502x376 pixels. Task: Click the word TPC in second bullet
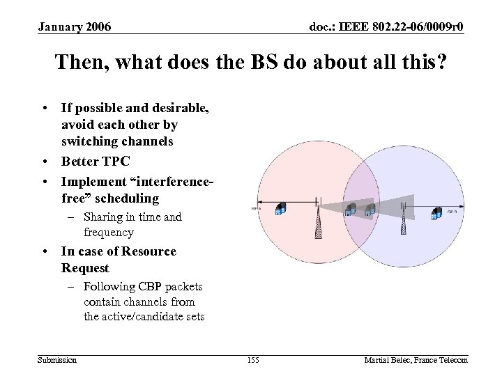point(114,162)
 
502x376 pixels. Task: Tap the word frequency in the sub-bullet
point(108,233)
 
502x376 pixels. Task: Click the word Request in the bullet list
point(85,268)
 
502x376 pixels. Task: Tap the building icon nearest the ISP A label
point(280,210)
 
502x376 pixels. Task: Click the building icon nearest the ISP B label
point(437,212)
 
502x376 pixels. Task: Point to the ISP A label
point(255,207)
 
